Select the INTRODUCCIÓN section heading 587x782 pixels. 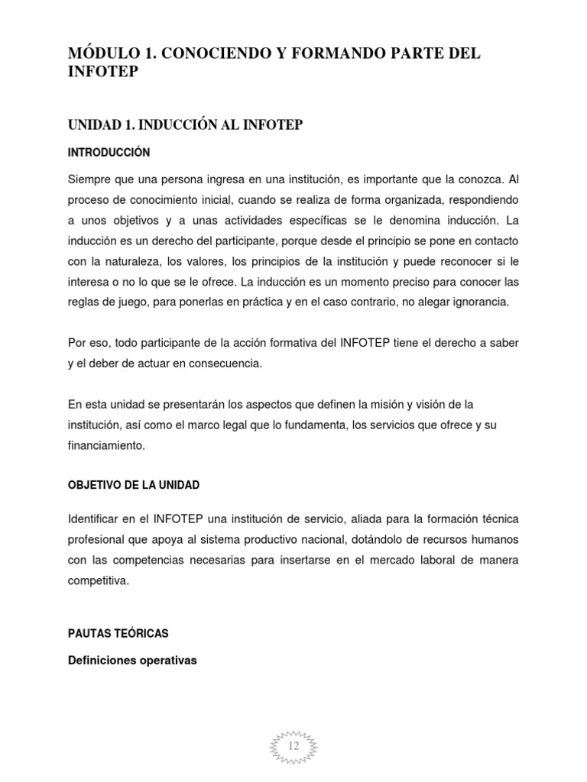coord(109,153)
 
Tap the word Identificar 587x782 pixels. coord(95,519)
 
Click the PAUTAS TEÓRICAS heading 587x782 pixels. coord(118,633)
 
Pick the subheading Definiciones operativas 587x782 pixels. coord(133,661)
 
